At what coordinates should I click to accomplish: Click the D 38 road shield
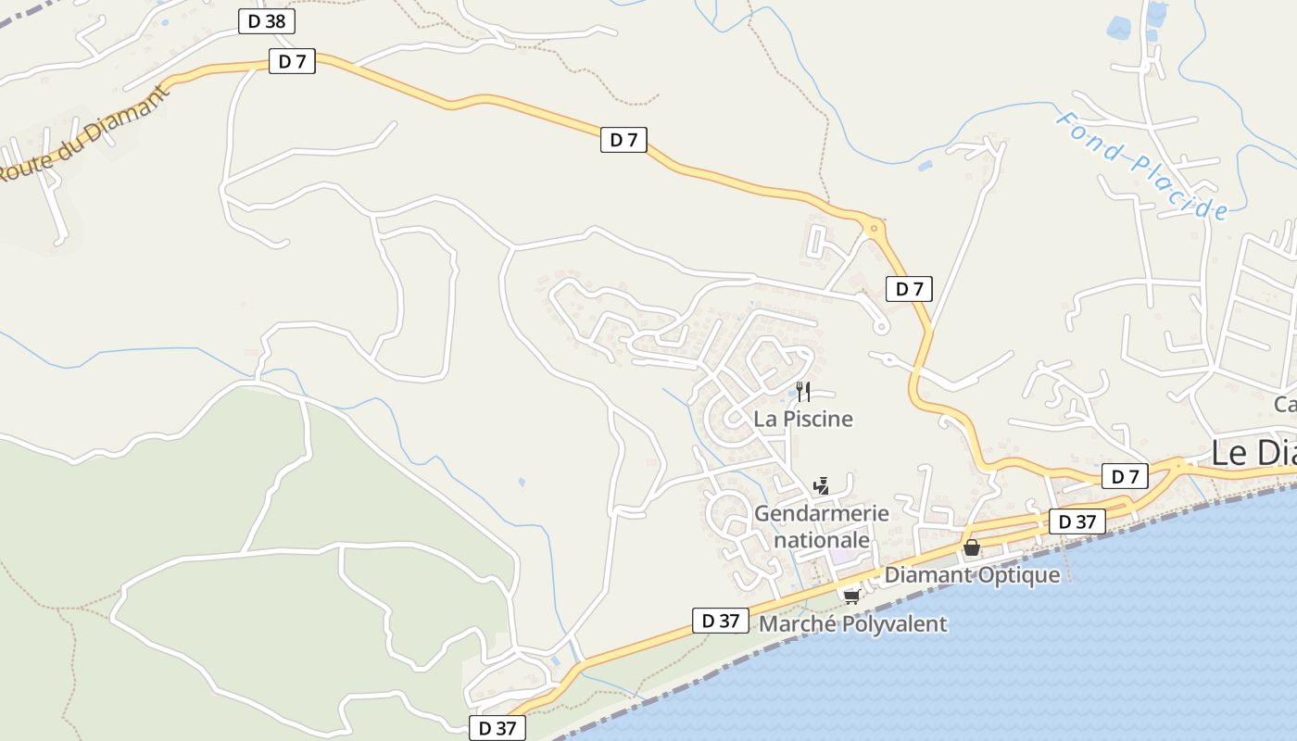[x=267, y=21]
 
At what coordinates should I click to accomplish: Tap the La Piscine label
[x=802, y=419]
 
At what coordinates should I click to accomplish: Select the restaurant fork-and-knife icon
[x=802, y=392]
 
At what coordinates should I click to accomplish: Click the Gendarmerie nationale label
[x=821, y=526]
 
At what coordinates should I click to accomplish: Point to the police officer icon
[x=821, y=485]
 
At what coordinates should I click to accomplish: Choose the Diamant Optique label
[x=972, y=575]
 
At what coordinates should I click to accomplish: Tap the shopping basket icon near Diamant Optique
[x=971, y=547]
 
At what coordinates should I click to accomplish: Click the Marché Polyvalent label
[x=852, y=624]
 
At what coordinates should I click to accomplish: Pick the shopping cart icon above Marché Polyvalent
[x=850, y=596]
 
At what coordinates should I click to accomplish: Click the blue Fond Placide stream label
[x=1142, y=167]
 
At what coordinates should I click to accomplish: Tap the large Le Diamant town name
[x=1253, y=454]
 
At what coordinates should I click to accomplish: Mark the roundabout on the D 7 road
[x=873, y=227]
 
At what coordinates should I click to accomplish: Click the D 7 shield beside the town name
[x=1125, y=477]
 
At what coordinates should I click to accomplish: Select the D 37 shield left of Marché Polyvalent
[x=720, y=621]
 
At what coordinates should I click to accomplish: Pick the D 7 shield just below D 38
[x=292, y=62]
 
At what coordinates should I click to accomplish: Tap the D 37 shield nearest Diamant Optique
[x=1077, y=521]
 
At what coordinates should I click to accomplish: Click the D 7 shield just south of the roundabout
[x=909, y=289]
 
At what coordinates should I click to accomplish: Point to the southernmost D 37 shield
[x=497, y=728]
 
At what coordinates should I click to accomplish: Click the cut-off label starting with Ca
[x=1285, y=405]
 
